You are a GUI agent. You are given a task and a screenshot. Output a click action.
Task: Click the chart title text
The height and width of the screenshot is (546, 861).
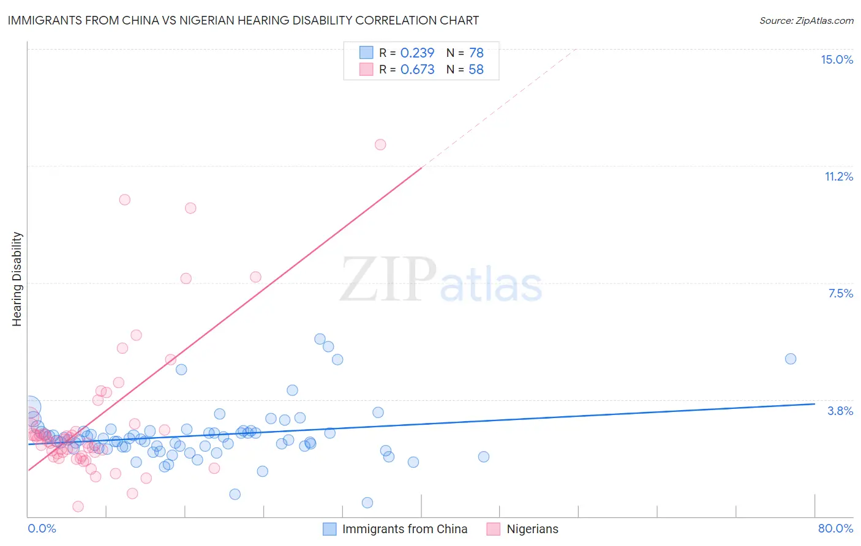pyautogui.click(x=243, y=20)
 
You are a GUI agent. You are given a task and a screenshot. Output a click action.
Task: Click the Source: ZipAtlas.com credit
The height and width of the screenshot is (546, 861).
pyautogui.click(x=806, y=20)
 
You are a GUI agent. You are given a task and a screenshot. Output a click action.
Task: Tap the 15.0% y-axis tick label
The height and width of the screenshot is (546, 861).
pyautogui.click(x=837, y=59)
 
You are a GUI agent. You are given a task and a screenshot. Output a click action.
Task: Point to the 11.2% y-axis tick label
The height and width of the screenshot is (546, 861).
pyautogui.click(x=838, y=176)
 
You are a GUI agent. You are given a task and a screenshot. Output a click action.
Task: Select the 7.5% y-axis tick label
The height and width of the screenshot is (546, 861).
pyautogui.click(x=840, y=293)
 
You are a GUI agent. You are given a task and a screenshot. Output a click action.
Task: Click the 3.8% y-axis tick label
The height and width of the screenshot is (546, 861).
pyautogui.click(x=840, y=411)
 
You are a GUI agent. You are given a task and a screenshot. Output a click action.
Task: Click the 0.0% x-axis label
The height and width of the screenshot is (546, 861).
pyautogui.click(x=42, y=528)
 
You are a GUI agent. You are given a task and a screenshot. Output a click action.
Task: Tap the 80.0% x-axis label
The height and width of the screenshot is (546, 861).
pyautogui.click(x=835, y=528)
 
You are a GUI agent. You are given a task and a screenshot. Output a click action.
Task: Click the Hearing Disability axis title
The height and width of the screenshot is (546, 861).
pyautogui.click(x=17, y=279)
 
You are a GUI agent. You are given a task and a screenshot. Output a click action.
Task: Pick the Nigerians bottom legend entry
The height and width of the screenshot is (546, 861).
pyautogui.click(x=532, y=529)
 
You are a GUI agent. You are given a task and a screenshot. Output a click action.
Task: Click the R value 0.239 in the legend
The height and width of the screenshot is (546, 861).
pyautogui.click(x=417, y=53)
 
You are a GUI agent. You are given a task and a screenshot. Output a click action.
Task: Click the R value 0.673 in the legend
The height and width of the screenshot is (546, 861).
pyautogui.click(x=417, y=70)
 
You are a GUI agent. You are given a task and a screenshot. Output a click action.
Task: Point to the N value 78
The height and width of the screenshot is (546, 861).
pyautogui.click(x=476, y=53)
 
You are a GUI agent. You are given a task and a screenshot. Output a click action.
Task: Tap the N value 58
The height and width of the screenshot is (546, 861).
pyautogui.click(x=476, y=70)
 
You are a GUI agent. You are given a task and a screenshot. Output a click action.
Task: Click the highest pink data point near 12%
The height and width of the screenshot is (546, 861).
pyautogui.click(x=380, y=144)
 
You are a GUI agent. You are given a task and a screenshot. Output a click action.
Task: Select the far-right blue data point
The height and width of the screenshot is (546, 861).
pyautogui.click(x=791, y=359)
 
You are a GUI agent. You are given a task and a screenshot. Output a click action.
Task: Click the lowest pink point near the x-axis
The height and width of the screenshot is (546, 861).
pyautogui.click(x=78, y=506)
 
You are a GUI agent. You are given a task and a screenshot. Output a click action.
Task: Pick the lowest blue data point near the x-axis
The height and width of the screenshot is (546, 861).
pyautogui.click(x=367, y=503)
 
